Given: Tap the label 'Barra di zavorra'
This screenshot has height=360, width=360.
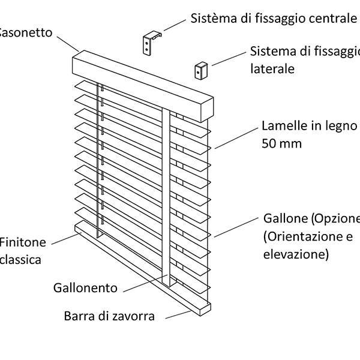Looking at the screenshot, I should (x=109, y=316).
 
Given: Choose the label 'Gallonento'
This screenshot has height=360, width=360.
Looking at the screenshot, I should (x=85, y=288).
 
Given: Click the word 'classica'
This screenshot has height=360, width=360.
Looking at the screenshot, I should (x=20, y=260).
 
